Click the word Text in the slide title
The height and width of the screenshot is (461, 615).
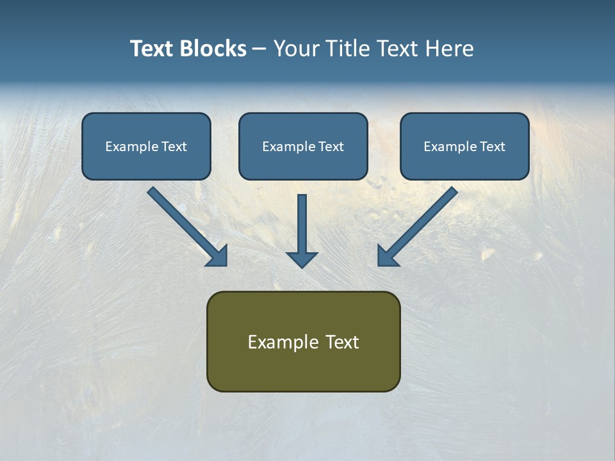tap(151, 49)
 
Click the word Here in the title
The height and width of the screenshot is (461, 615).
tap(450, 49)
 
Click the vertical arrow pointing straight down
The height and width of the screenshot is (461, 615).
tap(302, 224)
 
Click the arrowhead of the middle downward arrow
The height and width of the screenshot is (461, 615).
tap(302, 259)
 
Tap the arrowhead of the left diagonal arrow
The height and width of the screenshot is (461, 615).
tap(218, 256)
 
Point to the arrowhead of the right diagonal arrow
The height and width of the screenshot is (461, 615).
tap(387, 256)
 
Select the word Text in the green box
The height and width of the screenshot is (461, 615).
tap(342, 342)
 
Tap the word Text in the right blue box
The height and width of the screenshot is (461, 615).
tap(492, 147)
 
